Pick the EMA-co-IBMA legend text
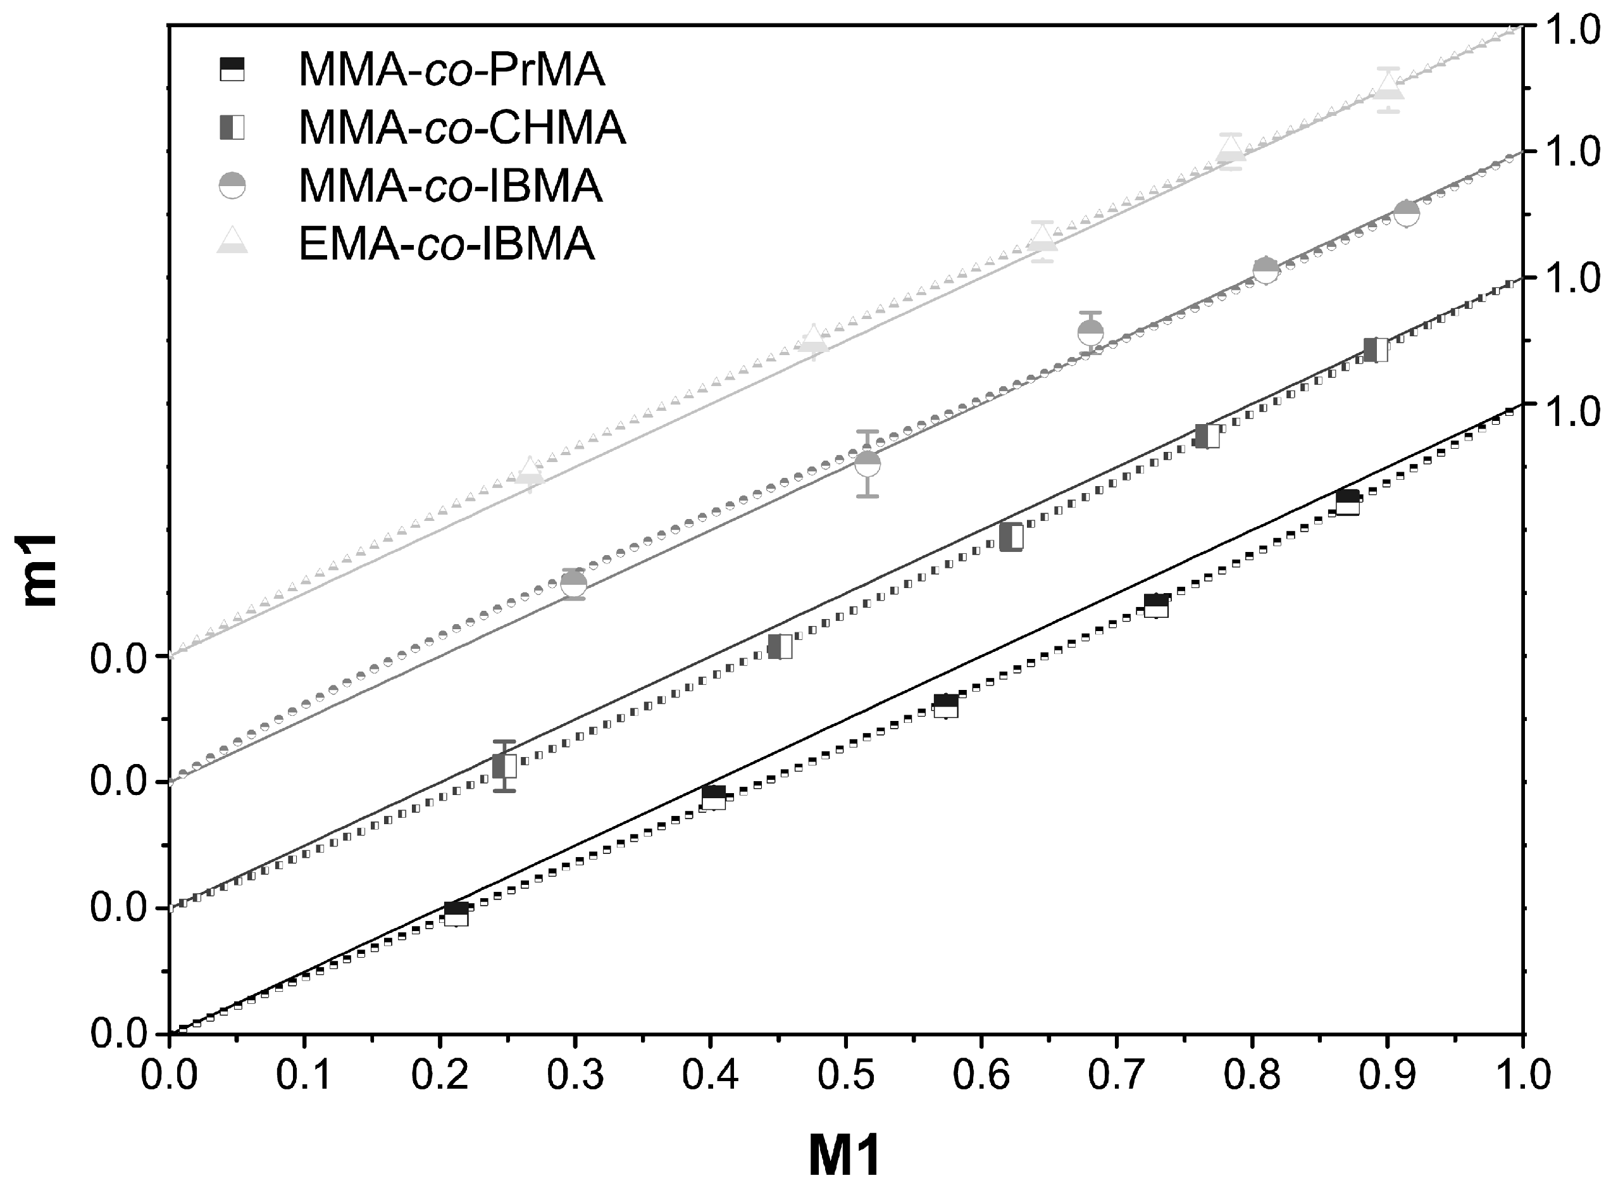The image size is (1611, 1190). [x=447, y=244]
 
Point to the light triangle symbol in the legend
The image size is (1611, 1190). [x=232, y=241]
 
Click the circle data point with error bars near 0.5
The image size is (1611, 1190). [x=868, y=464]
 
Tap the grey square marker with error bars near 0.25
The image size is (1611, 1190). [x=505, y=766]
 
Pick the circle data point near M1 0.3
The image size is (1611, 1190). [x=573, y=584]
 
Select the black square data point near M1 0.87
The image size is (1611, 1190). [x=1347, y=502]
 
